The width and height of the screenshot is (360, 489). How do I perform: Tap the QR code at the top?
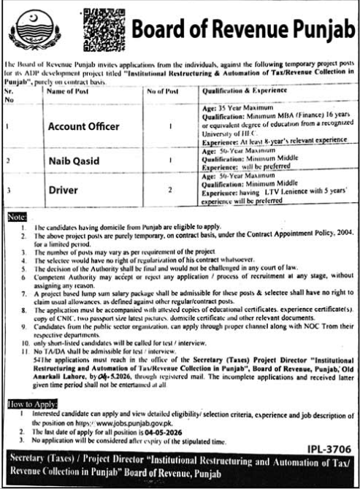pyautogui.click(x=102, y=27)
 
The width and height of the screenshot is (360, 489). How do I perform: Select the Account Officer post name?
pyautogui.click(x=83, y=126)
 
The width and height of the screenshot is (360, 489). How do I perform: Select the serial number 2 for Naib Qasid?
pyautogui.click(x=7, y=160)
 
